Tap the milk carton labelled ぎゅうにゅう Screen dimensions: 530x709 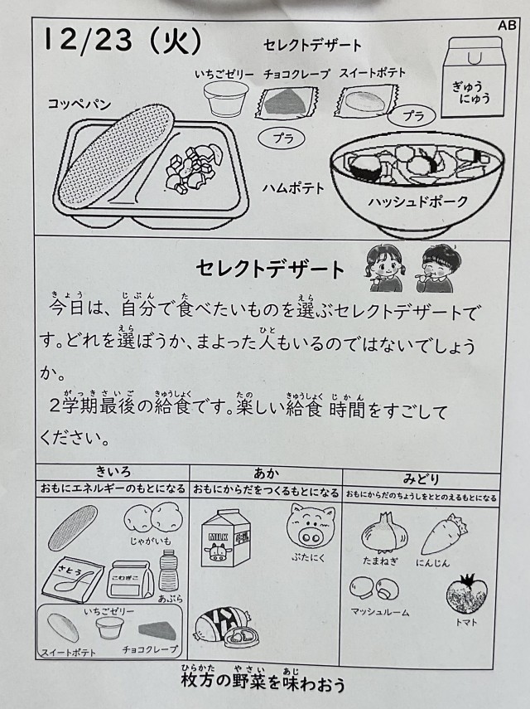click(473, 78)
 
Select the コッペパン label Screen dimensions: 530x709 click(79, 104)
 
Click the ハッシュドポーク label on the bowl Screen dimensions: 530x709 click(418, 202)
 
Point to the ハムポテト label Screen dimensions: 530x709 click(293, 187)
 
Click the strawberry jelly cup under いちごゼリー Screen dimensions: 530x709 click(225, 98)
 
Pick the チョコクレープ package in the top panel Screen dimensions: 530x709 click(287, 103)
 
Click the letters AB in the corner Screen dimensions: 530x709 click(507, 26)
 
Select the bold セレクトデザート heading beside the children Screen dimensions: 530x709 click(270, 269)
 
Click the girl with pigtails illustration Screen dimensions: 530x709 click(383, 268)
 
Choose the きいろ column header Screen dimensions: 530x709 click(113, 472)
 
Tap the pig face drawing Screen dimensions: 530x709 click(311, 525)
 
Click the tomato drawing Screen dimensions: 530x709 click(467, 592)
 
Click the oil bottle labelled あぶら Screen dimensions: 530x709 click(169, 571)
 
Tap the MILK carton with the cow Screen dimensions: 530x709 click(224, 537)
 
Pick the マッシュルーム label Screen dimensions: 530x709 click(380, 612)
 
